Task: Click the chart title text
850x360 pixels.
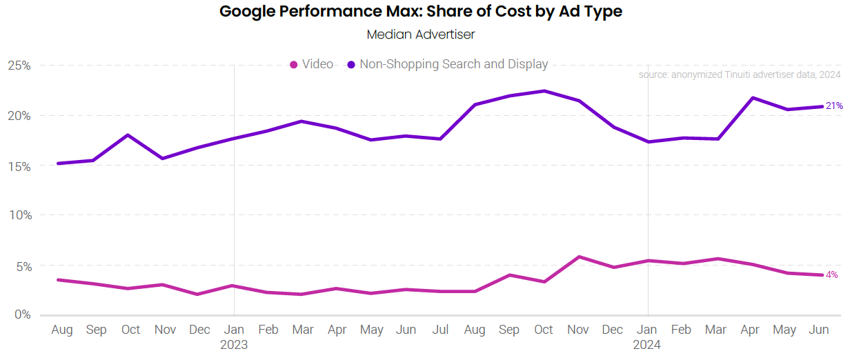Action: pos(420,12)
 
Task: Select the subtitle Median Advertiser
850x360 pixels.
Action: pos(420,34)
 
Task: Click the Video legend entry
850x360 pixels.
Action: pos(312,64)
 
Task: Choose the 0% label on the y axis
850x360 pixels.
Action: pos(22,315)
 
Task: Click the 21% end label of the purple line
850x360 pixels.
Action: pos(834,106)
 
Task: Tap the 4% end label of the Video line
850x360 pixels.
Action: pos(832,274)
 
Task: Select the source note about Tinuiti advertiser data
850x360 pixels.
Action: pos(740,74)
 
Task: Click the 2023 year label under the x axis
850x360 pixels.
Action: pos(234,345)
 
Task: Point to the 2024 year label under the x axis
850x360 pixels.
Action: pos(647,345)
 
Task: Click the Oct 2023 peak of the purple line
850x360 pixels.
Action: pos(544,91)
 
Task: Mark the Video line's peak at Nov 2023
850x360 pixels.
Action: pos(579,257)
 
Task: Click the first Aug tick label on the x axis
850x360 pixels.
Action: pos(62,330)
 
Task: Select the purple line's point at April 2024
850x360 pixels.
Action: pos(751,98)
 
